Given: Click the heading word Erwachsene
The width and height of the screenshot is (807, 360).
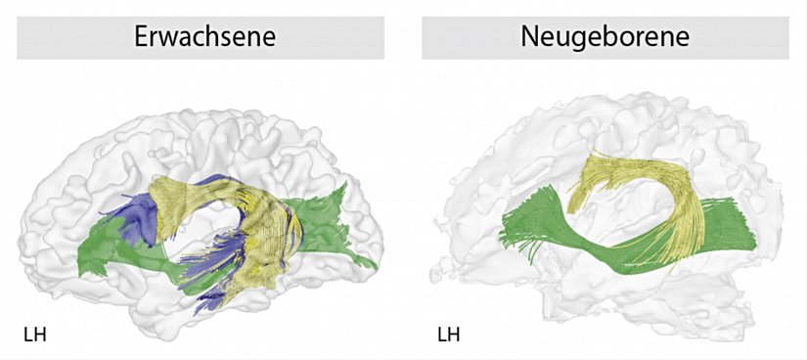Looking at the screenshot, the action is coord(203,38).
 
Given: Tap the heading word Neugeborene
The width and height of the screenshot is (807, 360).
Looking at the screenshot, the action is coord(605,38).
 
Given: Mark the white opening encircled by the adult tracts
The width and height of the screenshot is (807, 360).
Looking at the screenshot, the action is coord(210,235).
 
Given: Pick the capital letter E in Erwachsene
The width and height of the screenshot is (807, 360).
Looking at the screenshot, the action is coord(141,38).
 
